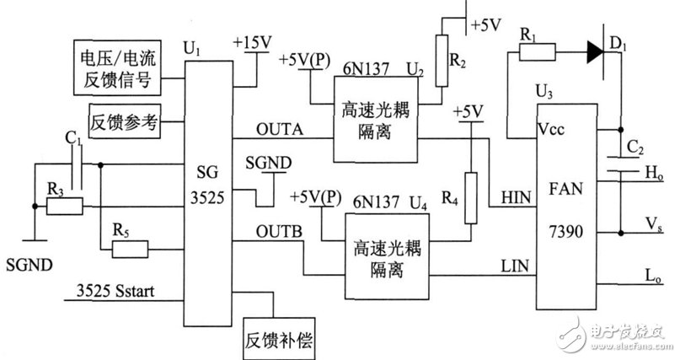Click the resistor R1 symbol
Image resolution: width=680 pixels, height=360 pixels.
pyautogui.click(x=537, y=52)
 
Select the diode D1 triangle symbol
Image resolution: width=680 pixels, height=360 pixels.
pyautogui.click(x=596, y=52)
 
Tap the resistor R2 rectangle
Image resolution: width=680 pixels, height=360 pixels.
pyautogui.click(x=442, y=61)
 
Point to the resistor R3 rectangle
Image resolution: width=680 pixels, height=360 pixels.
pyautogui.click(x=65, y=206)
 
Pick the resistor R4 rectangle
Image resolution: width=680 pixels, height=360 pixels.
pyautogui.click(x=471, y=198)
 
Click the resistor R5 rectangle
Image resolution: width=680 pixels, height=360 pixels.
pyautogui.click(x=130, y=250)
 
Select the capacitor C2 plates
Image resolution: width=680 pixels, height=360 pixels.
pyautogui.click(x=620, y=164)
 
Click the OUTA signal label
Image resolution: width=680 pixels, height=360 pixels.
pyautogui.click(x=280, y=129)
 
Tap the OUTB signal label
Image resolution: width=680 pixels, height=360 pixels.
pyautogui.click(x=279, y=232)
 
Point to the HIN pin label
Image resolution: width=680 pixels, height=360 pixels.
pyautogui.click(x=516, y=198)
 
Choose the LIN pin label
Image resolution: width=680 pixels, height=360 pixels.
pyautogui.click(x=515, y=266)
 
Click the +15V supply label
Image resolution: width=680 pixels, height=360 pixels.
pyautogui.click(x=253, y=42)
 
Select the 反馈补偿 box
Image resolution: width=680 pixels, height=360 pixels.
pyautogui.click(x=279, y=339)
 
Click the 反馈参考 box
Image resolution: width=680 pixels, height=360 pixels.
pyautogui.click(x=125, y=121)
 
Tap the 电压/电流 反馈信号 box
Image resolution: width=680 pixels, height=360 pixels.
pyautogui.click(x=117, y=67)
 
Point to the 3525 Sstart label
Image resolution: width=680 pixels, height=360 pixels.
pyautogui.click(x=115, y=291)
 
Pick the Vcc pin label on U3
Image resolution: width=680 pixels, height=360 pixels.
pyautogui.click(x=551, y=129)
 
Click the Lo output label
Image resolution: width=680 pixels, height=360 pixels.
pyautogui.click(x=653, y=276)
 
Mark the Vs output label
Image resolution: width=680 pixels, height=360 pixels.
pyautogui.click(x=654, y=223)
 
